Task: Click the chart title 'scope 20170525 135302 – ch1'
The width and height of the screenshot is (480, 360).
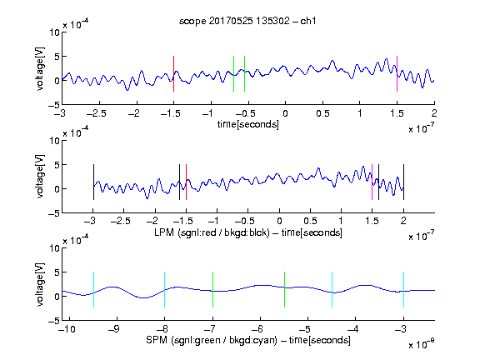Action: click(x=247, y=21)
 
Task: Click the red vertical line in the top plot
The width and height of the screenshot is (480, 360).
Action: click(x=173, y=74)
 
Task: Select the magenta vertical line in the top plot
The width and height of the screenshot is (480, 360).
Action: click(x=397, y=74)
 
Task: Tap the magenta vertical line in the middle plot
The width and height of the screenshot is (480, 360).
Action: click(x=372, y=182)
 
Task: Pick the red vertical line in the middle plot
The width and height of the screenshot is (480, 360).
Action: click(x=186, y=182)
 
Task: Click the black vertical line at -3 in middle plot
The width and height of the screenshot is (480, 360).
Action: click(x=93, y=182)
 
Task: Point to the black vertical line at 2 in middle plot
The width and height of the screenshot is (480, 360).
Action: click(x=404, y=182)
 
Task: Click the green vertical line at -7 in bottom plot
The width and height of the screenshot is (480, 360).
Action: click(x=212, y=290)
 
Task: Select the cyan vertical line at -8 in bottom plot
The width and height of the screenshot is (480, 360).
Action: click(x=165, y=290)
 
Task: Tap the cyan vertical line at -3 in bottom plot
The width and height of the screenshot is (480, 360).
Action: click(x=404, y=290)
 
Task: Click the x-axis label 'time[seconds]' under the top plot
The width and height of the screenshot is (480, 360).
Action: click(x=248, y=124)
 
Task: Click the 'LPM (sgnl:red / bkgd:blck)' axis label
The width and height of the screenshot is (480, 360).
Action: click(x=212, y=232)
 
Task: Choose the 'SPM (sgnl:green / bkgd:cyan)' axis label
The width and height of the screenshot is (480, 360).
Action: click(x=212, y=340)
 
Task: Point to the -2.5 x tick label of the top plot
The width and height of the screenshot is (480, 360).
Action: click(x=96, y=113)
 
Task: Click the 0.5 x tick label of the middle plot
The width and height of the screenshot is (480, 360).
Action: click(x=310, y=221)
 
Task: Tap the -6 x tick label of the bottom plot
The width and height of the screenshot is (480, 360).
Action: click(x=260, y=329)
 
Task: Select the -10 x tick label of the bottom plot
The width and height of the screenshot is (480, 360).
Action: click(x=67, y=329)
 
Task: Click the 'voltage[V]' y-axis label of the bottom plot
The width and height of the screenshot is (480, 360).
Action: click(x=40, y=284)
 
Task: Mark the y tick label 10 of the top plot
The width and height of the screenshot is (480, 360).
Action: click(x=54, y=32)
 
